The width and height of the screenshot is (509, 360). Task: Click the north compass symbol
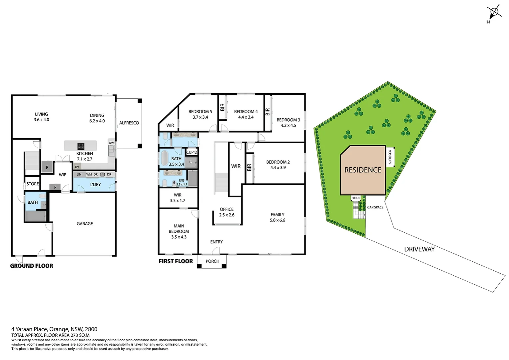pos(494,12)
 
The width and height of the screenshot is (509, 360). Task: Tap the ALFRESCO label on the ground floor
pos(129,123)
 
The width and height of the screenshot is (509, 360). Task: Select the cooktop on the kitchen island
pos(81,146)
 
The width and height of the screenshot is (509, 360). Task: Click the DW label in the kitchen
pos(111,143)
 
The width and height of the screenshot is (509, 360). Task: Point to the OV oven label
pos(77,167)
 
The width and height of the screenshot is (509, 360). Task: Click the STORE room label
pos(33,184)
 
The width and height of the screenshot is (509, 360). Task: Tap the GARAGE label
pos(85,224)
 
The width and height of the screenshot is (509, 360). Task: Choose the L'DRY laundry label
pos(95,185)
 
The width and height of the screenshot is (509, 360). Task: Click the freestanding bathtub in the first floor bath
pos(165,158)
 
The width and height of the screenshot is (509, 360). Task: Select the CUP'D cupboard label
pos(192,152)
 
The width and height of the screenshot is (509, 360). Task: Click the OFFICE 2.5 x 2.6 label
pos(227,212)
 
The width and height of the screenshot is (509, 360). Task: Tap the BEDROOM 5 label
pos(200,114)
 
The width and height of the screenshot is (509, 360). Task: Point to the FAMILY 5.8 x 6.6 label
pos(277,217)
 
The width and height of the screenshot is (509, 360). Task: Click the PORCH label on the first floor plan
pos(213,261)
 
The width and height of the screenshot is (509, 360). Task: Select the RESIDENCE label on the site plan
pos(363,170)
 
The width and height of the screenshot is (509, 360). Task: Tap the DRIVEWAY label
pos(419,249)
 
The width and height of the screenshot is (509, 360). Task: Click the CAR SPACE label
pos(375,207)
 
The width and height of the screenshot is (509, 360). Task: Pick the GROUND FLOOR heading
pos(32,266)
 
